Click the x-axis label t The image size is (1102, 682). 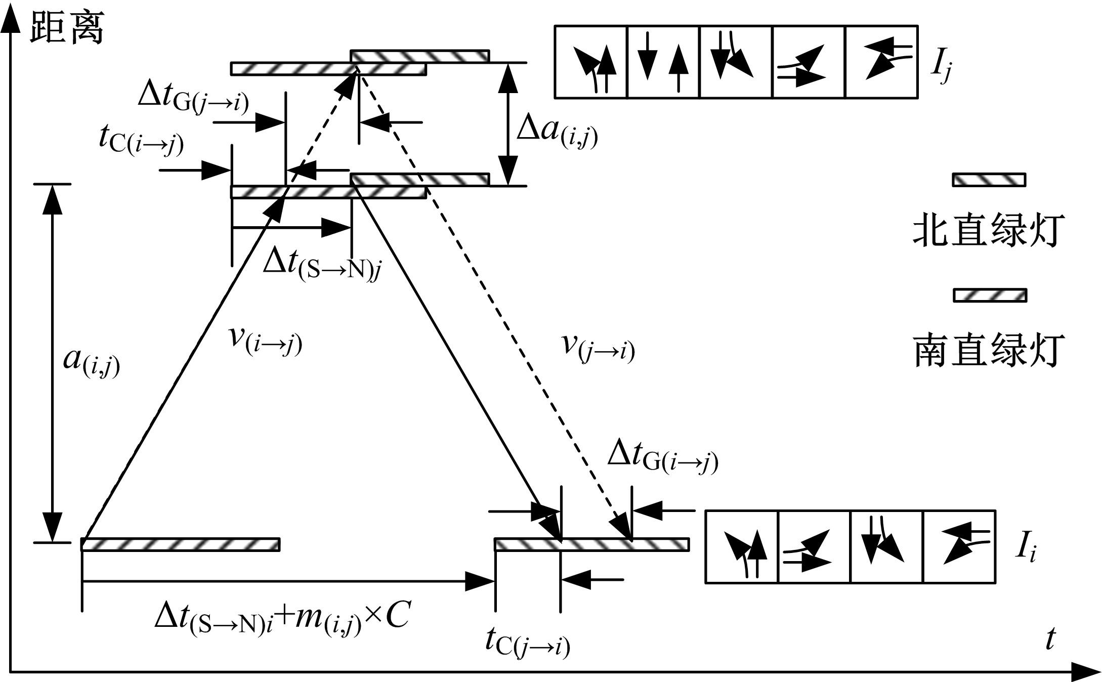pyautogui.click(x=1050, y=639)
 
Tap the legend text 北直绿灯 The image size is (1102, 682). pyautogui.click(x=988, y=231)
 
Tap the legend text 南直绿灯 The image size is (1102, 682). pyautogui.click(x=988, y=350)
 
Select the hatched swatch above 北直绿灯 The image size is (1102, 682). pyautogui.click(x=989, y=180)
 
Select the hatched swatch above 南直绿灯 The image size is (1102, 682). pyautogui.click(x=990, y=295)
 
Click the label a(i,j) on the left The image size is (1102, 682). pyautogui.click(x=91, y=361)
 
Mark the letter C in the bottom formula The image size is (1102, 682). pyautogui.click(x=397, y=616)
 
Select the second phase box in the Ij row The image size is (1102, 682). pyautogui.click(x=663, y=62)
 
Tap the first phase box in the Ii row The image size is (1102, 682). pyautogui.click(x=741, y=547)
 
